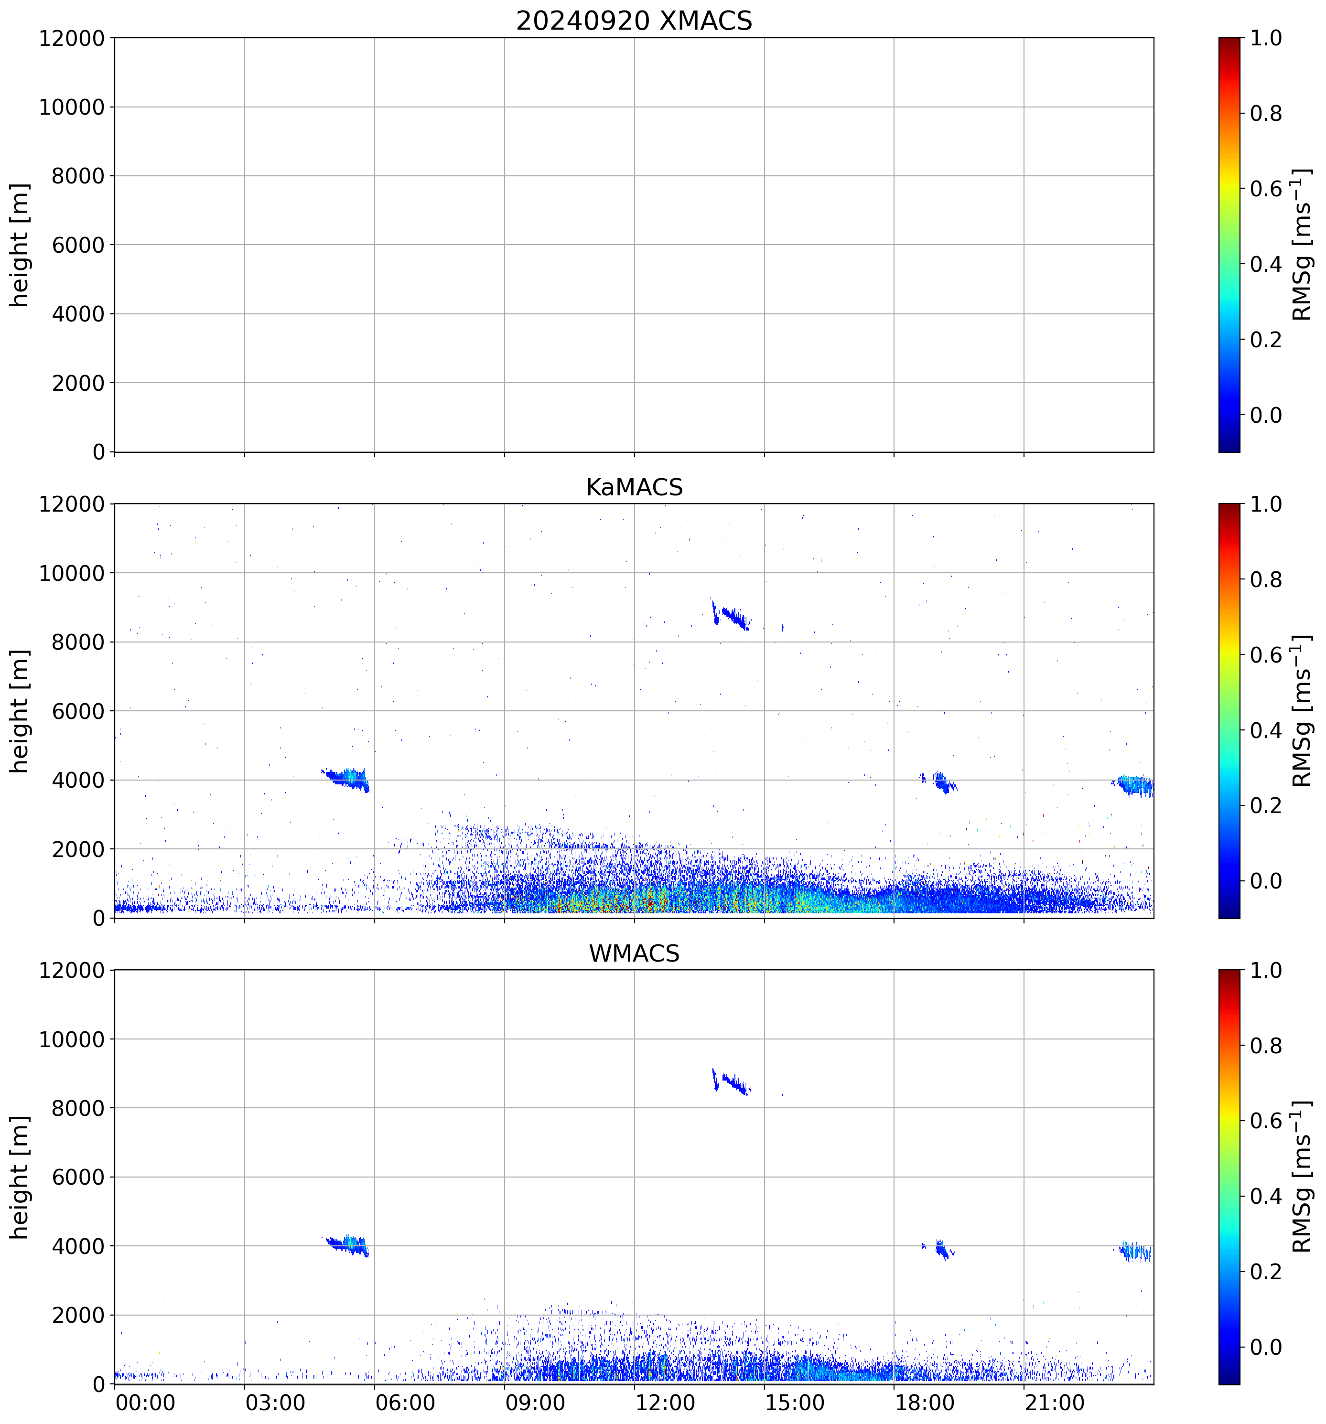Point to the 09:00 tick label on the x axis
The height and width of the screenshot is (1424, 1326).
pyautogui.click(x=534, y=1403)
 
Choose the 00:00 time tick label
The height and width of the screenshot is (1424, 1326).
pyautogui.click(x=145, y=1403)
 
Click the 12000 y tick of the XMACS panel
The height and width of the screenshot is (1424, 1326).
pyautogui.click(x=72, y=38)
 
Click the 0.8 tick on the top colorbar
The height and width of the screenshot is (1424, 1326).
pyautogui.click(x=1266, y=113)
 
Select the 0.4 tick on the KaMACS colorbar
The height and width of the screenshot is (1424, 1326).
pyautogui.click(x=1266, y=730)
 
